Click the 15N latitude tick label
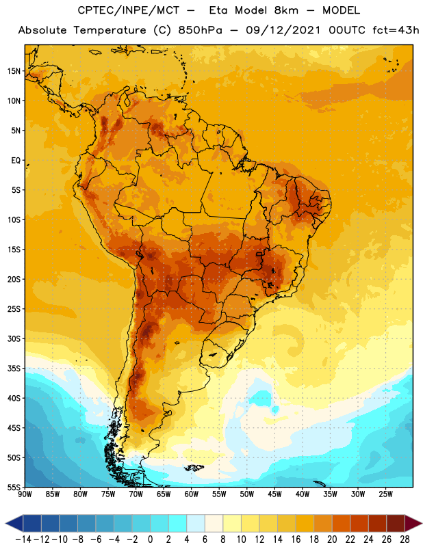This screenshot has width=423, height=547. [14, 71]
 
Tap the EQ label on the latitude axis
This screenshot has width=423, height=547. [16, 161]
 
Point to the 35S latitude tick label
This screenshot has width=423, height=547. [14, 369]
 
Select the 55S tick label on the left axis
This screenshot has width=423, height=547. [14, 488]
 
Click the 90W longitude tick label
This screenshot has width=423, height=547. [25, 494]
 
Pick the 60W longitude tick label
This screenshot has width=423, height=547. [192, 494]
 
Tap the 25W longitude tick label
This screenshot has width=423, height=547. [385, 494]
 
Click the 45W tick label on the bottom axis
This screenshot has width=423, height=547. [274, 494]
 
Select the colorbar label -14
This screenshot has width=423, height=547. [23, 539]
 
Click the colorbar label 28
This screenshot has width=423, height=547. [405, 539]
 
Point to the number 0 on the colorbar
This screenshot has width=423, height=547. [150, 539]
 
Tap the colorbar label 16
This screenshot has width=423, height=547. [296, 539]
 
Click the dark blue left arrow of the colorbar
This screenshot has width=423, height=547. [14, 523]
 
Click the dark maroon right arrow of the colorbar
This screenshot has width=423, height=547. [413, 523]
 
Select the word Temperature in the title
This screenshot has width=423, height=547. [110, 30]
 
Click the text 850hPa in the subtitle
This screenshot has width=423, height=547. [200, 30]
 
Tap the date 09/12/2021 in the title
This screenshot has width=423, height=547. [283, 30]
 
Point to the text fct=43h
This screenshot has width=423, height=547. [396, 30]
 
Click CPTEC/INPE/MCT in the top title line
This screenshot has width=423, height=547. [128, 10]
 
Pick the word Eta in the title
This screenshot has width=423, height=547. [218, 10]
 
